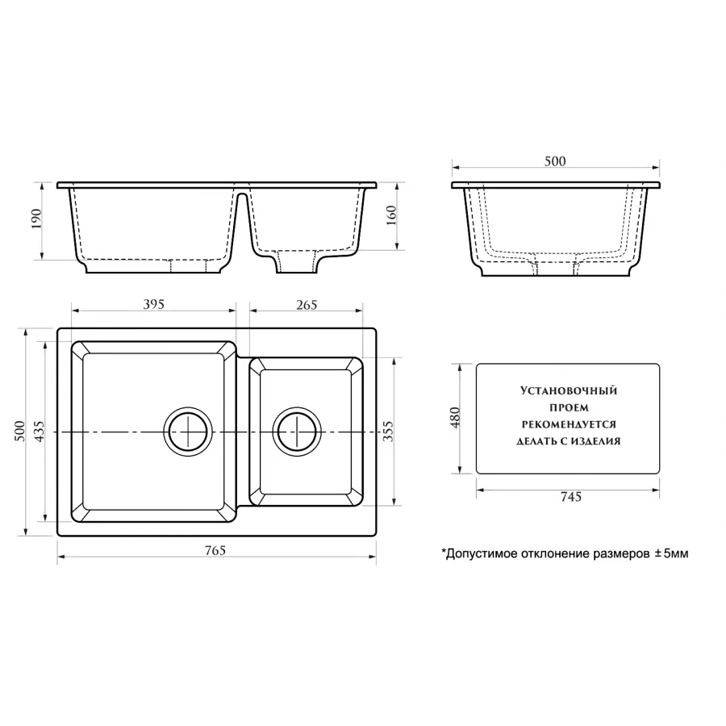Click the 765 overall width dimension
point(215,550)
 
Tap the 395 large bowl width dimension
point(154,304)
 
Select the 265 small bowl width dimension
point(307,305)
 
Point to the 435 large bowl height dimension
point(39,431)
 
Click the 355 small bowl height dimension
point(388,431)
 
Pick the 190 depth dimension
point(36,219)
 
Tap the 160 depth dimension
point(391,215)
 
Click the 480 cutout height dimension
point(455,418)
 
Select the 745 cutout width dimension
point(570,497)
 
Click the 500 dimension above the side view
point(555,161)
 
